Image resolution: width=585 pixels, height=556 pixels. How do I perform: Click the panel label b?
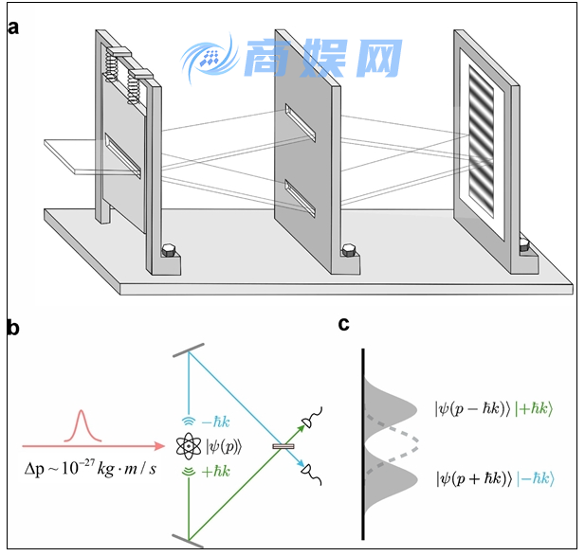coord(13,328)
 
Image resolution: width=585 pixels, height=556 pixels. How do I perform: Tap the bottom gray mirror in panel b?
coord(186,542)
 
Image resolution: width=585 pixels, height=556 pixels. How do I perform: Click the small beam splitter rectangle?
coord(282,445)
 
